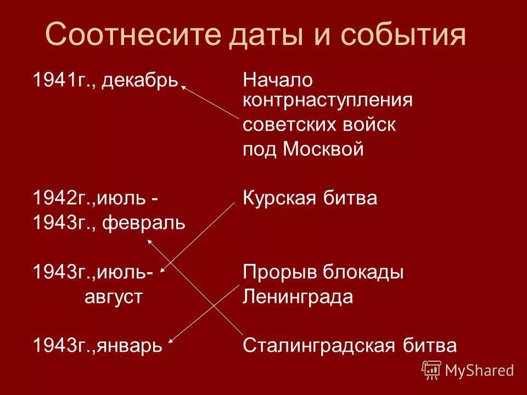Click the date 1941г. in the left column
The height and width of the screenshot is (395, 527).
[x=56, y=81]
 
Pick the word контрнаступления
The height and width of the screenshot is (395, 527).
[x=328, y=100]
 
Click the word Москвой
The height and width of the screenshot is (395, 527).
[x=323, y=149]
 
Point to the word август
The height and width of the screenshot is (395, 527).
[x=114, y=297]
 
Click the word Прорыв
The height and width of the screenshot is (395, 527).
[x=276, y=272]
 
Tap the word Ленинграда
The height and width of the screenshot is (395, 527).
[x=298, y=297]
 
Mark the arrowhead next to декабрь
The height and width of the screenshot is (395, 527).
[x=184, y=86]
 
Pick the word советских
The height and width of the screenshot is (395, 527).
[x=281, y=125]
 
